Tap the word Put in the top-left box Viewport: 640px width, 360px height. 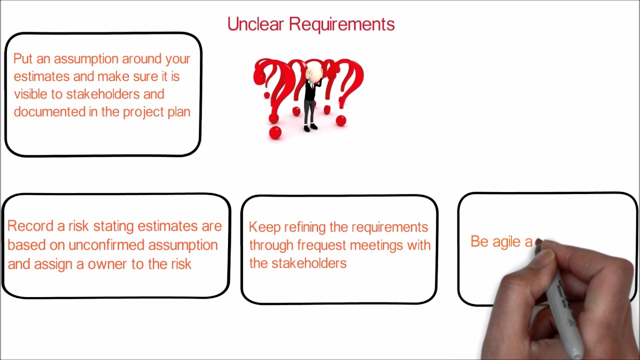[x=22, y=59]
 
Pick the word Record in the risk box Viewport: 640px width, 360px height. [x=29, y=226]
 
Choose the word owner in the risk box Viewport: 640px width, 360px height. [x=108, y=263]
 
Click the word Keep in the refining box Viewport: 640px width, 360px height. [x=264, y=227]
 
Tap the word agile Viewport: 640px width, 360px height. [x=506, y=242]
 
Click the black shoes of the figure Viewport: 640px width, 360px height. [x=310, y=128]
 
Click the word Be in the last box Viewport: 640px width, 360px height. [x=479, y=241]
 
